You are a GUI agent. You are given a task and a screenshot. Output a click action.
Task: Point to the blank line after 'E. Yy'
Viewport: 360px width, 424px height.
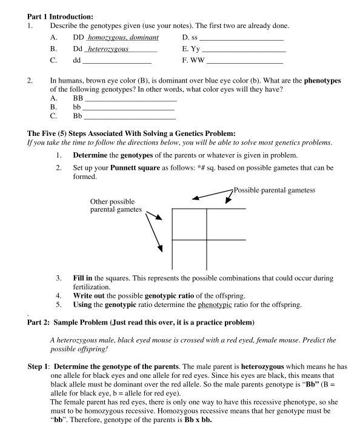coord(242,50)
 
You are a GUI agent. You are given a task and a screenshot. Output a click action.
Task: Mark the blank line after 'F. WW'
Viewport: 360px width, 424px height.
coord(245,62)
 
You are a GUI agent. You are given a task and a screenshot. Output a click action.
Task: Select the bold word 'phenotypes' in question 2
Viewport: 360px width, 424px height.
coord(322,80)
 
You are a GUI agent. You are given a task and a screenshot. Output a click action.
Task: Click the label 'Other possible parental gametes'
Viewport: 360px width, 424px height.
coord(116,206)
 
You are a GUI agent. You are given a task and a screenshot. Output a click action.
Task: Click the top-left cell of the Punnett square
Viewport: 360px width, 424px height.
coord(189,224)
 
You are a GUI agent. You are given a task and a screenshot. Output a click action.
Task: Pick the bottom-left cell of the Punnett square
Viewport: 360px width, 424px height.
coord(189,255)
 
